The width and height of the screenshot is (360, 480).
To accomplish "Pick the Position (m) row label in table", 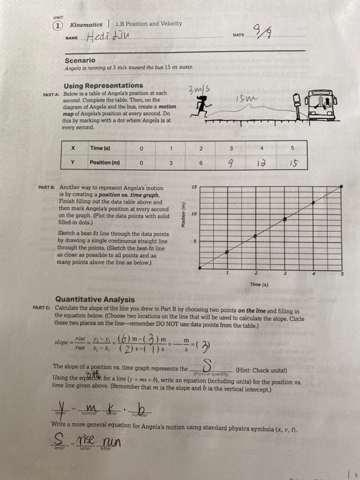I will pos(102,162).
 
